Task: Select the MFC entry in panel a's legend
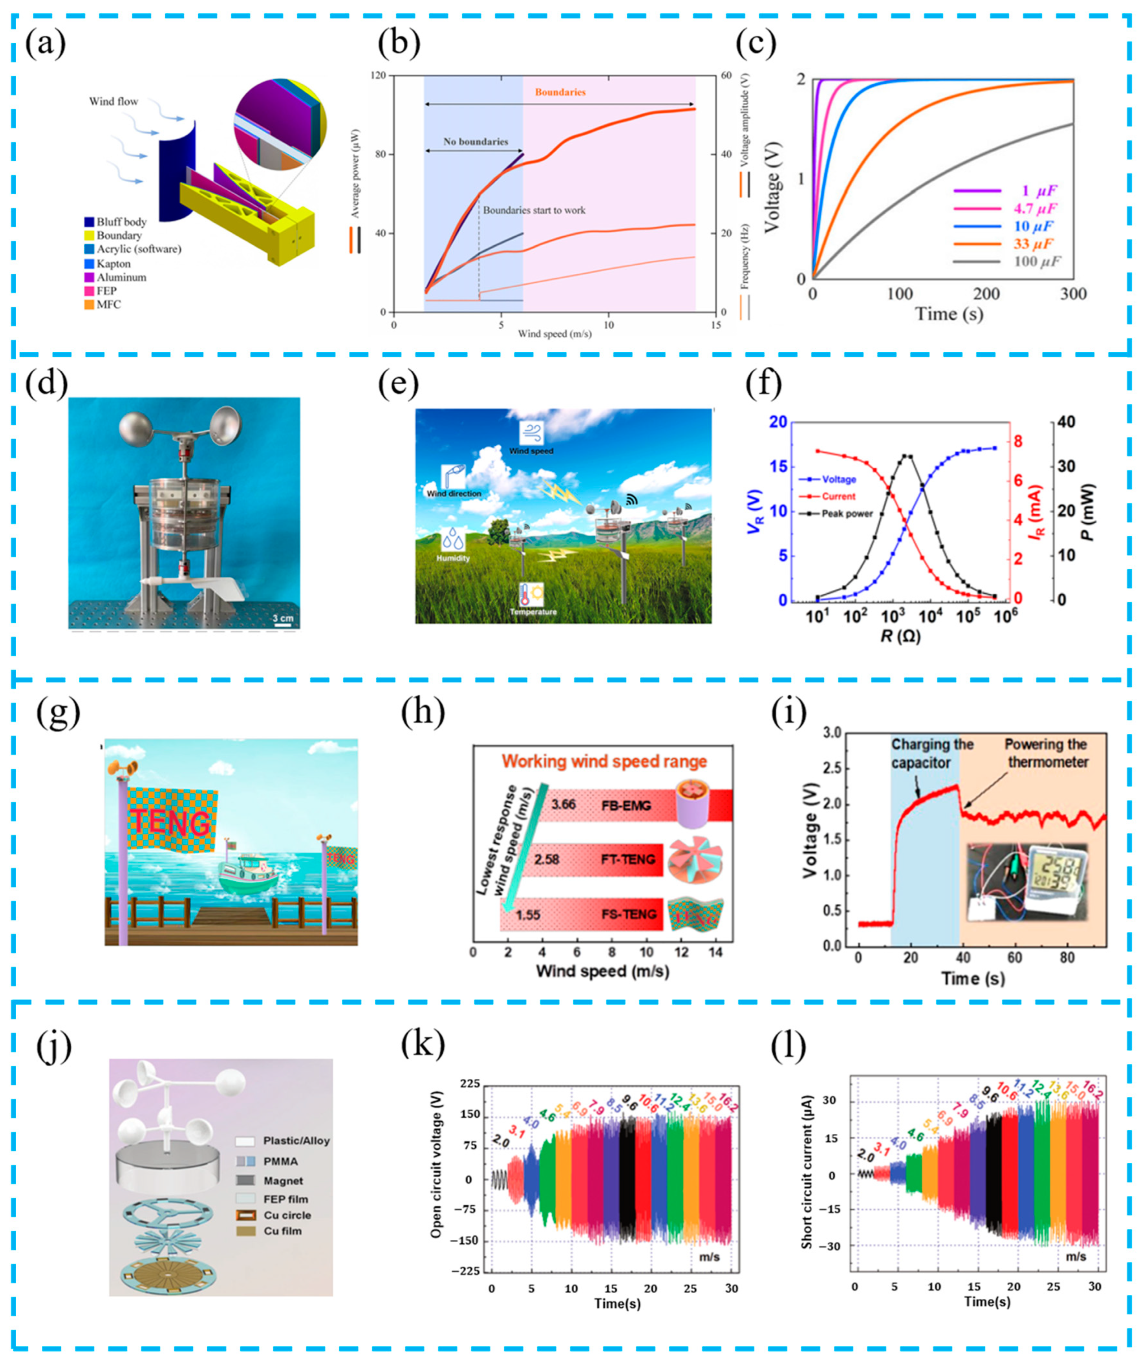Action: tap(108, 305)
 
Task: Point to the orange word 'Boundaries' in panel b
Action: tap(560, 92)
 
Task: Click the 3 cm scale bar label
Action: tap(283, 618)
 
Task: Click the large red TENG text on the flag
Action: tap(170, 823)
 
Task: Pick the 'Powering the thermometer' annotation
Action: tap(1047, 753)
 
